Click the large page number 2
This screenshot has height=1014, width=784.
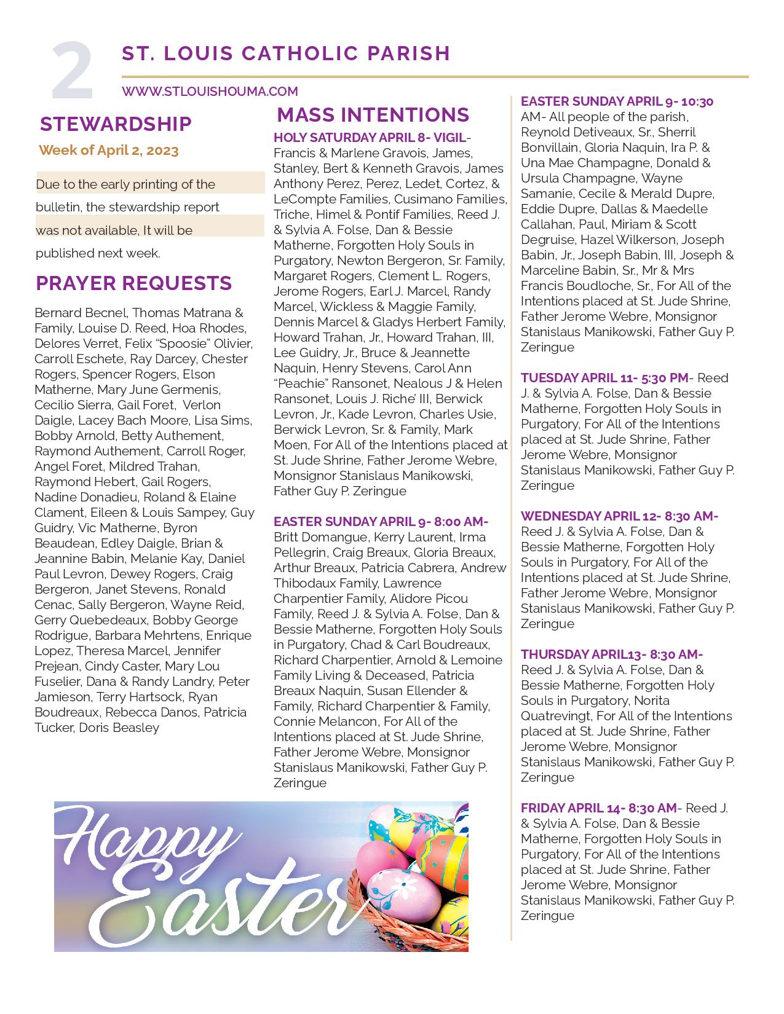pos(73,73)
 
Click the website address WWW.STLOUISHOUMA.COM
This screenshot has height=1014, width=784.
pos(210,92)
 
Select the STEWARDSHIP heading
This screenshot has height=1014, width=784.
pos(116,124)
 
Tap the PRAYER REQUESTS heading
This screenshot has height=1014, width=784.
pos(133,283)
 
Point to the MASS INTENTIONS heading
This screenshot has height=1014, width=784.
pos(373,115)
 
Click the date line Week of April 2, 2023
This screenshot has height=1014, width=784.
pos(109,151)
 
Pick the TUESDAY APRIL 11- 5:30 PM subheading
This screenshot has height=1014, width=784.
pos(606,378)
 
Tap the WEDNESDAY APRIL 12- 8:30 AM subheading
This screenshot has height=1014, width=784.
pos(619,516)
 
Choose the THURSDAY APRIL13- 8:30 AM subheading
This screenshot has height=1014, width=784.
pos(611,654)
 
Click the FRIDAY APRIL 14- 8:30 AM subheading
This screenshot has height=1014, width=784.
pos(600,808)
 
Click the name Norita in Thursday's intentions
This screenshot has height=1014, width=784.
pos(651,701)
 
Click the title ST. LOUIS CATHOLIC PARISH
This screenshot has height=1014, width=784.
pos(286,53)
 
